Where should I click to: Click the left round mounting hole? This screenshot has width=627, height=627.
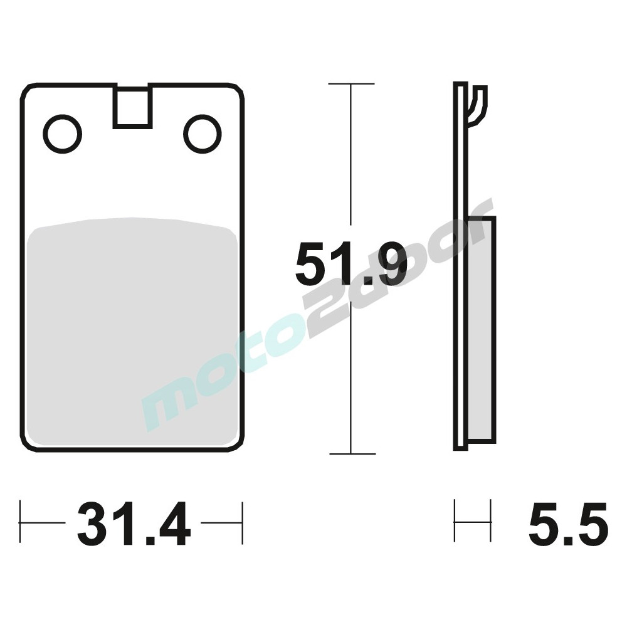[x=63, y=134]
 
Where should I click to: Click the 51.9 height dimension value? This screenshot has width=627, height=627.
[x=351, y=263]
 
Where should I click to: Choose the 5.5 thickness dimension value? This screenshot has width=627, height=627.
[x=568, y=524]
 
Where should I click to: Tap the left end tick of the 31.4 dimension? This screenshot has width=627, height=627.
[x=21, y=522]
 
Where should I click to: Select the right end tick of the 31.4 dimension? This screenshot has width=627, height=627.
[x=242, y=522]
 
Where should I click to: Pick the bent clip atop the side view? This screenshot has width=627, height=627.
[x=478, y=103]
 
